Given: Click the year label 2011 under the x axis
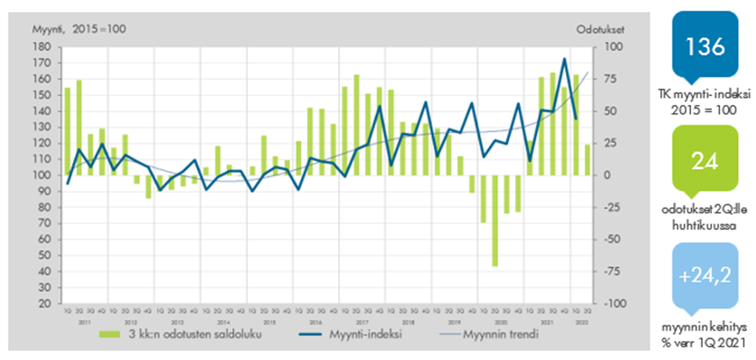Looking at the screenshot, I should (85, 322).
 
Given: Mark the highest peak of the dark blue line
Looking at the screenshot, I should (564, 59).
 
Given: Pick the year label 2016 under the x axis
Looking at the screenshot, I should (315, 322).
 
